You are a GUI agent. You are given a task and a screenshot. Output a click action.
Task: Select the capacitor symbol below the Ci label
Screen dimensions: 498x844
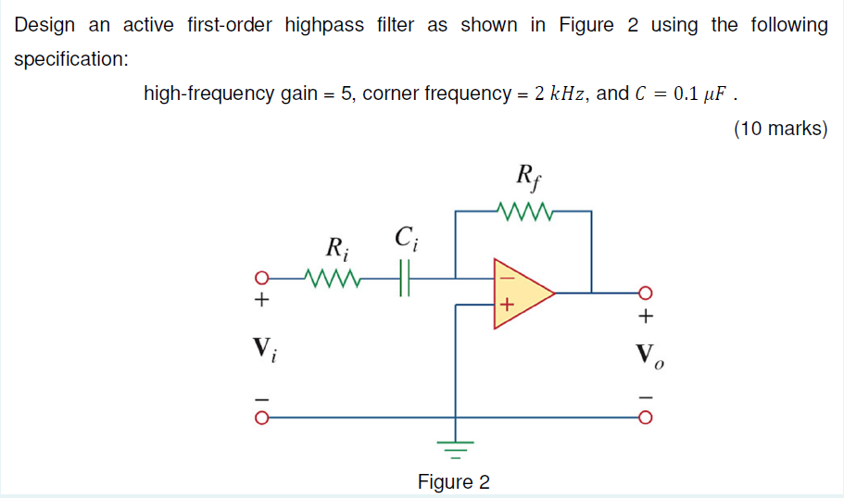point(404,276)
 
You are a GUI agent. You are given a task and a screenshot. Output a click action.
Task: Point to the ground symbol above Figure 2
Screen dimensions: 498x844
point(454,450)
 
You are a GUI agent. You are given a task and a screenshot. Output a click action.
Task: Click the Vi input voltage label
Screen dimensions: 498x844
point(265,350)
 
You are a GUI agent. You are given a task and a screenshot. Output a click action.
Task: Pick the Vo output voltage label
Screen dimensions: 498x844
point(646,355)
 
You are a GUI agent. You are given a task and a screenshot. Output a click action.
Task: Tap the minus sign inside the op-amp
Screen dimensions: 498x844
point(507,276)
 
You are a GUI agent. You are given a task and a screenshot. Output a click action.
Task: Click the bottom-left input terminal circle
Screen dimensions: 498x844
point(262,417)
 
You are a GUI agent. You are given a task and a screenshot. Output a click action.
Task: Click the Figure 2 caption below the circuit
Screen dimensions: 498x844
point(453,482)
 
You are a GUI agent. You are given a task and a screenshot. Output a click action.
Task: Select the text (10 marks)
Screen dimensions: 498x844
point(780,129)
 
